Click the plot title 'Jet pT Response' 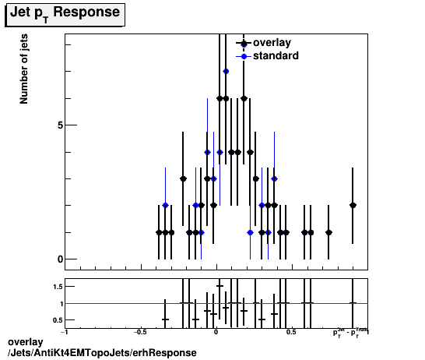[65, 13]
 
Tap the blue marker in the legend [244, 56]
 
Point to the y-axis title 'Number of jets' [24, 73]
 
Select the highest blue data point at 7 [226, 71]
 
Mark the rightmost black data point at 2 [353, 205]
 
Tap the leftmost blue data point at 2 [165, 205]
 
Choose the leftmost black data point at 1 [159, 232]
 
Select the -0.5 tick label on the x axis [140, 333]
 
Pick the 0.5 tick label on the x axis [290, 333]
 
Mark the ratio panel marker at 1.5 [220, 286]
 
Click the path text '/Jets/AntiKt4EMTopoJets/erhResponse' [101, 353]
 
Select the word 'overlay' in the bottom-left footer [24, 342]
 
